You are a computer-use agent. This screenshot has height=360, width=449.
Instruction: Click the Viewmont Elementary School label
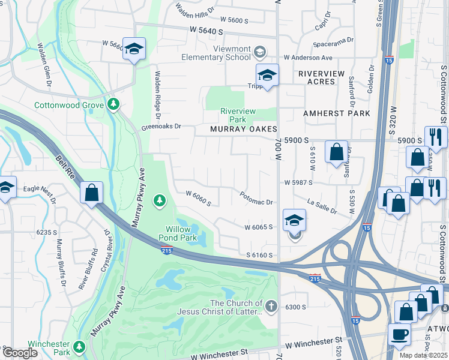tap(216, 53)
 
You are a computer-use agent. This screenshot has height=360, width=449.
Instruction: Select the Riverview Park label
tap(238, 115)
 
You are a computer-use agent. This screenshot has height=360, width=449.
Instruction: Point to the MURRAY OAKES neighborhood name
tap(243, 129)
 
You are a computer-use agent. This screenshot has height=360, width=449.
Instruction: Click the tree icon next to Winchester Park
tap(79, 346)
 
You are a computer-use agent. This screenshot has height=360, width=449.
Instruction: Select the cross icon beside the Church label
tap(271, 307)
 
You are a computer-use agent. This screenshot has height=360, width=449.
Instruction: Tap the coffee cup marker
tap(400, 334)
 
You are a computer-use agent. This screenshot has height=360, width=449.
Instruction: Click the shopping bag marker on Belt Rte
tap(91, 193)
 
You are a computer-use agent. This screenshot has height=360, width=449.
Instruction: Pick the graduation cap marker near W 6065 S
tap(294, 220)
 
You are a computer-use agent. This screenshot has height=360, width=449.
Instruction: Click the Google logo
tap(20, 353)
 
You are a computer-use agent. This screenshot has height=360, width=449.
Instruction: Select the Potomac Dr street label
tap(256, 203)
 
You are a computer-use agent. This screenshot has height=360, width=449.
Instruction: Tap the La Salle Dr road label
tap(322, 206)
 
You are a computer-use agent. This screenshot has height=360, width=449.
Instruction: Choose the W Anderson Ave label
tap(308, 58)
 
